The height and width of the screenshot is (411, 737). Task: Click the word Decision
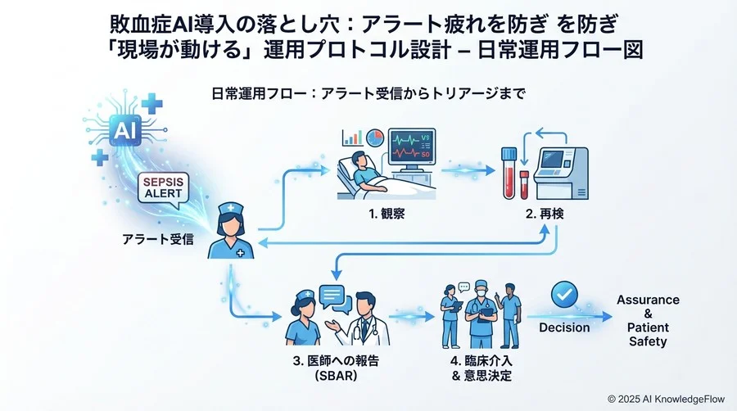[x=564, y=327]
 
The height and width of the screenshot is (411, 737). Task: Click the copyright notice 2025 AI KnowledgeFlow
[x=667, y=397]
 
